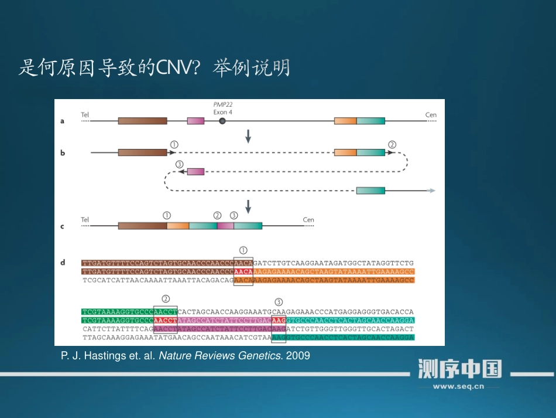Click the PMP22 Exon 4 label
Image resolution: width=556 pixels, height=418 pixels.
(x=222, y=108)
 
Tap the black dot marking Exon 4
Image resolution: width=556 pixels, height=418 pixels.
(x=222, y=121)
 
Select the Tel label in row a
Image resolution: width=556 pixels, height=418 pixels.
(x=85, y=115)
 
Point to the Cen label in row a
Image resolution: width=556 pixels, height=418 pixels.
(x=431, y=115)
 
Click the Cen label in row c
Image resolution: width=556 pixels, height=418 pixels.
(x=308, y=220)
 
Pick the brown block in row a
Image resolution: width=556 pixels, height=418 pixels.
(x=142, y=121)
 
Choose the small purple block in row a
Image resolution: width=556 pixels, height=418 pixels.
(x=195, y=121)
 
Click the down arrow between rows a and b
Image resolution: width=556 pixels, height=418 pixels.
(x=248, y=136)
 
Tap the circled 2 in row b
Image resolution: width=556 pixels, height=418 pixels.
(x=392, y=144)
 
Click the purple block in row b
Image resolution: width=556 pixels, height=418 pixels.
(x=196, y=171)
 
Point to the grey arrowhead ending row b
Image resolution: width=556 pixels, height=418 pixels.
(x=431, y=191)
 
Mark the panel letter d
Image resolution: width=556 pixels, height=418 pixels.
(x=63, y=262)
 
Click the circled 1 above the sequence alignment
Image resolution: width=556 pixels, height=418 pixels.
(x=243, y=249)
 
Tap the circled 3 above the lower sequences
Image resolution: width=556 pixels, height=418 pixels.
(x=279, y=302)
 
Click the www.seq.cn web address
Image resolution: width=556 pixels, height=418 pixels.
(x=458, y=386)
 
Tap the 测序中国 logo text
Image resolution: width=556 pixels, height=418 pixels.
(x=459, y=369)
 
